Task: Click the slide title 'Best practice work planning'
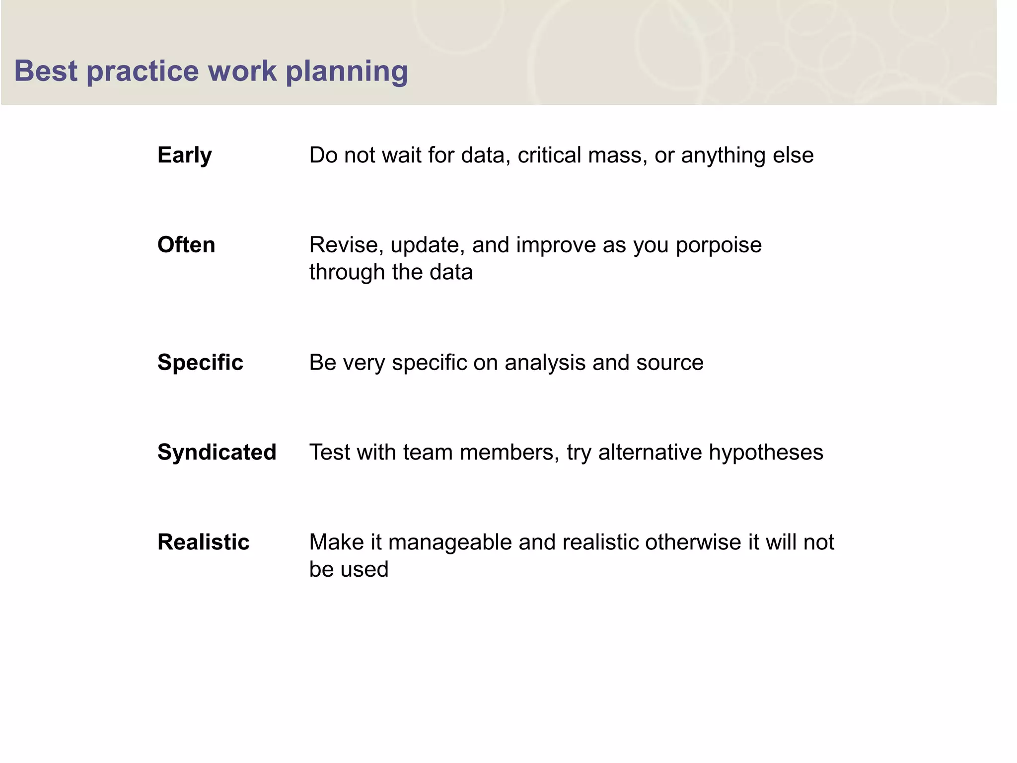[x=211, y=71]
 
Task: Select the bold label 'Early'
[x=184, y=155]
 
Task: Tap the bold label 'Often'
[x=186, y=245]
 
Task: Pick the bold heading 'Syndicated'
[x=217, y=452]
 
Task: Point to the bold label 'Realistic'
[x=203, y=542]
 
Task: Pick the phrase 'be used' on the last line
[x=349, y=569]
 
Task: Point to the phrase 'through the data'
[x=391, y=272]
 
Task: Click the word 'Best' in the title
[x=46, y=71]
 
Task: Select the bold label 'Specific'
[x=200, y=363]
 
